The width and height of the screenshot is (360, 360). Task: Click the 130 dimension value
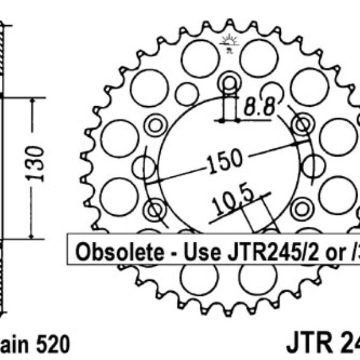(38, 163)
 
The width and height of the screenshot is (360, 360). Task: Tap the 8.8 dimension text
(259, 108)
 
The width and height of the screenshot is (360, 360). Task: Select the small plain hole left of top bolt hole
(187, 94)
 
